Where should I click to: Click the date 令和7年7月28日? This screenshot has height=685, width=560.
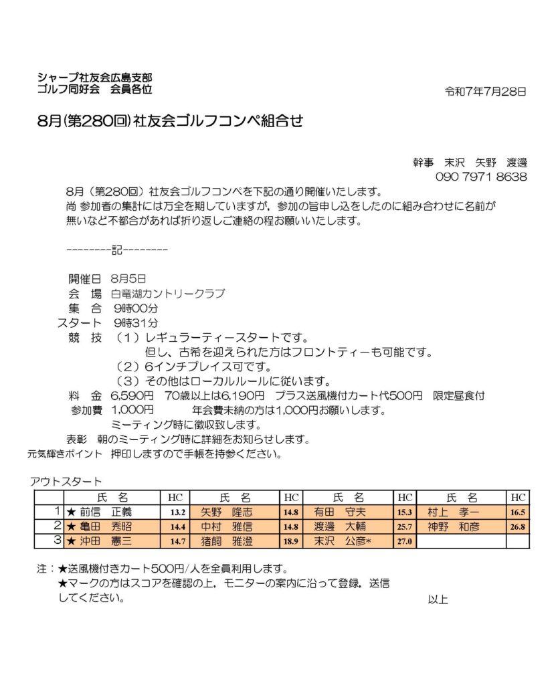pyautogui.click(x=486, y=92)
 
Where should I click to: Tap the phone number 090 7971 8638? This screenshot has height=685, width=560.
pyautogui.click(x=481, y=177)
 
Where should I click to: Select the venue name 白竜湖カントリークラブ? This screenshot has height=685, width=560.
pyautogui.click(x=168, y=293)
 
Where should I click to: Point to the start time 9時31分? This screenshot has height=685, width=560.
pyautogui.click(x=136, y=324)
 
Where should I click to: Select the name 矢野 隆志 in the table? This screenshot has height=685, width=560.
pyautogui.click(x=227, y=512)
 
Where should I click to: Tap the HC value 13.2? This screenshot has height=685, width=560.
pyautogui.click(x=177, y=513)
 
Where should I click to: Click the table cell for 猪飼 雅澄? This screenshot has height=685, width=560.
pyautogui.click(x=227, y=541)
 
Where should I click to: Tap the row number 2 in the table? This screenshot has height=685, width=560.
pyautogui.click(x=58, y=526)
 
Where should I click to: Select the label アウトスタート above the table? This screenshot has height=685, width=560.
pyautogui.click(x=66, y=482)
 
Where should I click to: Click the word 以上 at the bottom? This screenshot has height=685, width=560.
pyautogui.click(x=438, y=599)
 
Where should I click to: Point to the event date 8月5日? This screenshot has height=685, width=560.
pyautogui.click(x=128, y=278)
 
